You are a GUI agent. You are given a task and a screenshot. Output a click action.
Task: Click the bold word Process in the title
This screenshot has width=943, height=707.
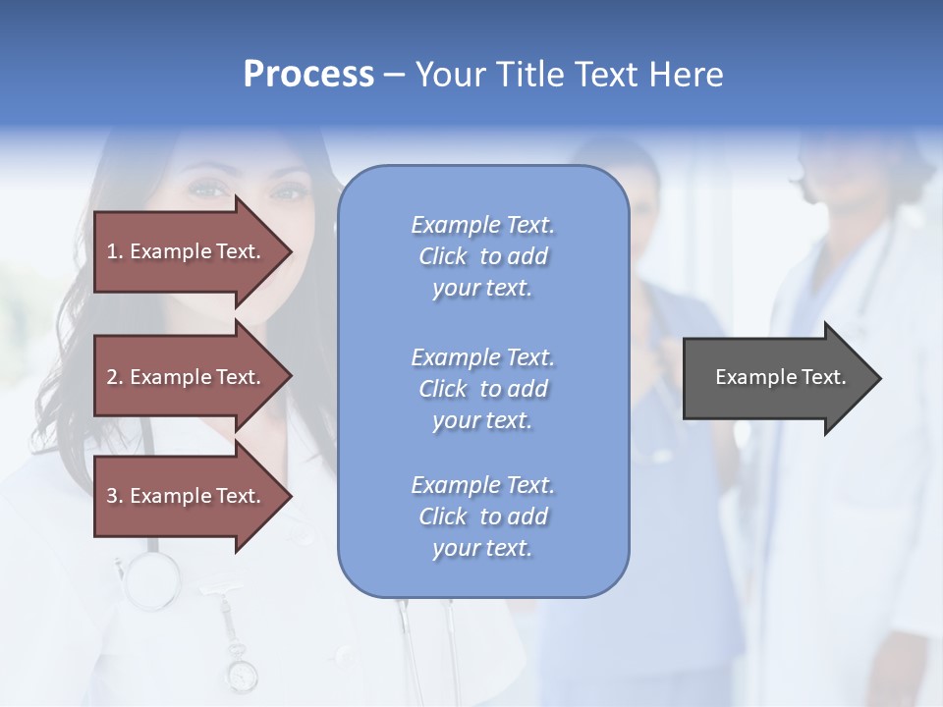308,75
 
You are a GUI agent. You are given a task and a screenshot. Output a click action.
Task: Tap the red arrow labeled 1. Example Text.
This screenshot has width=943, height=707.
187,251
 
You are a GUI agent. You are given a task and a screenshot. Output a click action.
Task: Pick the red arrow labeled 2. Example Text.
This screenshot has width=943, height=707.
187,377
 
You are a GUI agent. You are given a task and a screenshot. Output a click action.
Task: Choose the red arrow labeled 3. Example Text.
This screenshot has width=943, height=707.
187,496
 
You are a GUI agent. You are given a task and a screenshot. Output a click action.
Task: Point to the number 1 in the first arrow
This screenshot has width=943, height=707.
112,251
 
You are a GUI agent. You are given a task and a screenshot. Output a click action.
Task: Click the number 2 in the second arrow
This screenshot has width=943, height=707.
112,377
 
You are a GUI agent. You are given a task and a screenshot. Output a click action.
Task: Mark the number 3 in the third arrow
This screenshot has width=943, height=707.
112,496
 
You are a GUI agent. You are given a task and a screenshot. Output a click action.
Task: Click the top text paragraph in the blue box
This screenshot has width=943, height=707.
482,256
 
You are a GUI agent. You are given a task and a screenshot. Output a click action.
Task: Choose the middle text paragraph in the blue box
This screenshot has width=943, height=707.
482,389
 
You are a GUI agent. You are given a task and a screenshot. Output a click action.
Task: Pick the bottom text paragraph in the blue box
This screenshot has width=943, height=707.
482,517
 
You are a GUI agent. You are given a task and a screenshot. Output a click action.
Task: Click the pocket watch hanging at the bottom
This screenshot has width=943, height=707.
241,675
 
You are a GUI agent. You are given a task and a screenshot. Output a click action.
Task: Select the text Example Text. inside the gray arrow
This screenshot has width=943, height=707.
780,377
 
